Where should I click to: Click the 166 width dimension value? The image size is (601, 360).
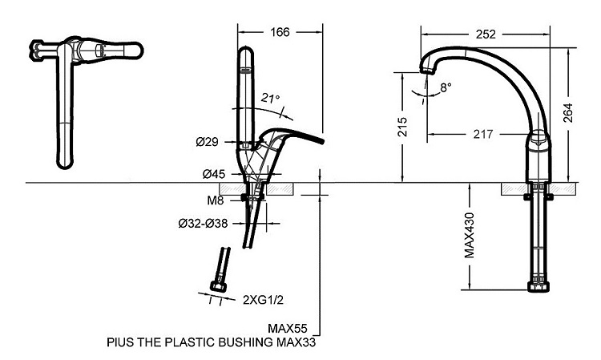[280, 32]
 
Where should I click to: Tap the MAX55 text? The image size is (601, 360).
[289, 329]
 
